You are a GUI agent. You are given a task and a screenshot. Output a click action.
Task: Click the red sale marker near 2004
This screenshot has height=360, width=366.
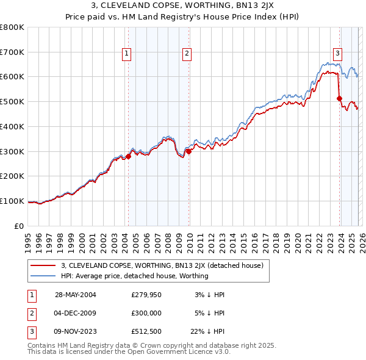(129, 156)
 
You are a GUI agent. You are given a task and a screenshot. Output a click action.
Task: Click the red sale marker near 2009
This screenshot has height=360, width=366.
(188, 151)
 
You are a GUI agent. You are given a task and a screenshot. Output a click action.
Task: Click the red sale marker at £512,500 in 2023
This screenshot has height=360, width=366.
(339, 98)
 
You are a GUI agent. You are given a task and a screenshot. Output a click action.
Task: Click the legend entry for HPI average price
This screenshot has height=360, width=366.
(134, 276)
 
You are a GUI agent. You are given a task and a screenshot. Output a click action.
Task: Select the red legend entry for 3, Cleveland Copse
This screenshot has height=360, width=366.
(162, 265)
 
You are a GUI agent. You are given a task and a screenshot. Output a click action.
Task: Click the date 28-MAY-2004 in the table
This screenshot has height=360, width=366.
(76, 294)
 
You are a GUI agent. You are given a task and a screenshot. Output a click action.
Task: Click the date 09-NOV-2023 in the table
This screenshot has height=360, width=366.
(76, 333)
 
